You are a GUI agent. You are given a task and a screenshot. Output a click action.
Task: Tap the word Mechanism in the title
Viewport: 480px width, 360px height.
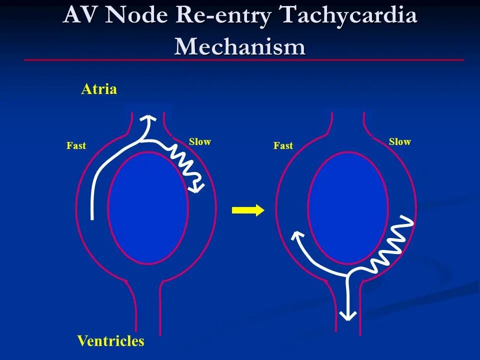coord(239,46)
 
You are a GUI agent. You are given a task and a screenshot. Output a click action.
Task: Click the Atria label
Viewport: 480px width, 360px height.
coord(99,89)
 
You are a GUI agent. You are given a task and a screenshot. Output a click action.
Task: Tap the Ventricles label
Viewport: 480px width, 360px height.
coord(110,341)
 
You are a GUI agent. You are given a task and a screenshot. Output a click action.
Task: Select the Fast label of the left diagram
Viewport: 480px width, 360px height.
coord(76,146)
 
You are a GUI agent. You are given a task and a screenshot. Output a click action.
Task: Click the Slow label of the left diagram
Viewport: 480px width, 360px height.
coord(200,142)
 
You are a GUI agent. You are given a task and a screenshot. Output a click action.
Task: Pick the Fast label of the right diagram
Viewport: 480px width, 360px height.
coord(283,146)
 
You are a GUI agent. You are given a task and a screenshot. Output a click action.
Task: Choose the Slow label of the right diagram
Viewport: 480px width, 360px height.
coord(400,142)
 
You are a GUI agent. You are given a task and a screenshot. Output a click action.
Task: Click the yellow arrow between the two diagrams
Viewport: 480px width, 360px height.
coord(248,210)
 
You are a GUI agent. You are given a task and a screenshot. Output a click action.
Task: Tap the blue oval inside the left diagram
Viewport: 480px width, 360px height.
coord(148,207)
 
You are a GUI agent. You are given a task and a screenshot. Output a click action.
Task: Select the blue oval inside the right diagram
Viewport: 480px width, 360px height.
coord(348,207)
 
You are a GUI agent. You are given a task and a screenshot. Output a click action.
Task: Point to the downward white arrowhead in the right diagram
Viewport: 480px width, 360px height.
coord(347,315)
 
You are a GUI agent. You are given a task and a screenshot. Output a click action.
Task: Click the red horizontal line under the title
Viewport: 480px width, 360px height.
coord(244,60)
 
